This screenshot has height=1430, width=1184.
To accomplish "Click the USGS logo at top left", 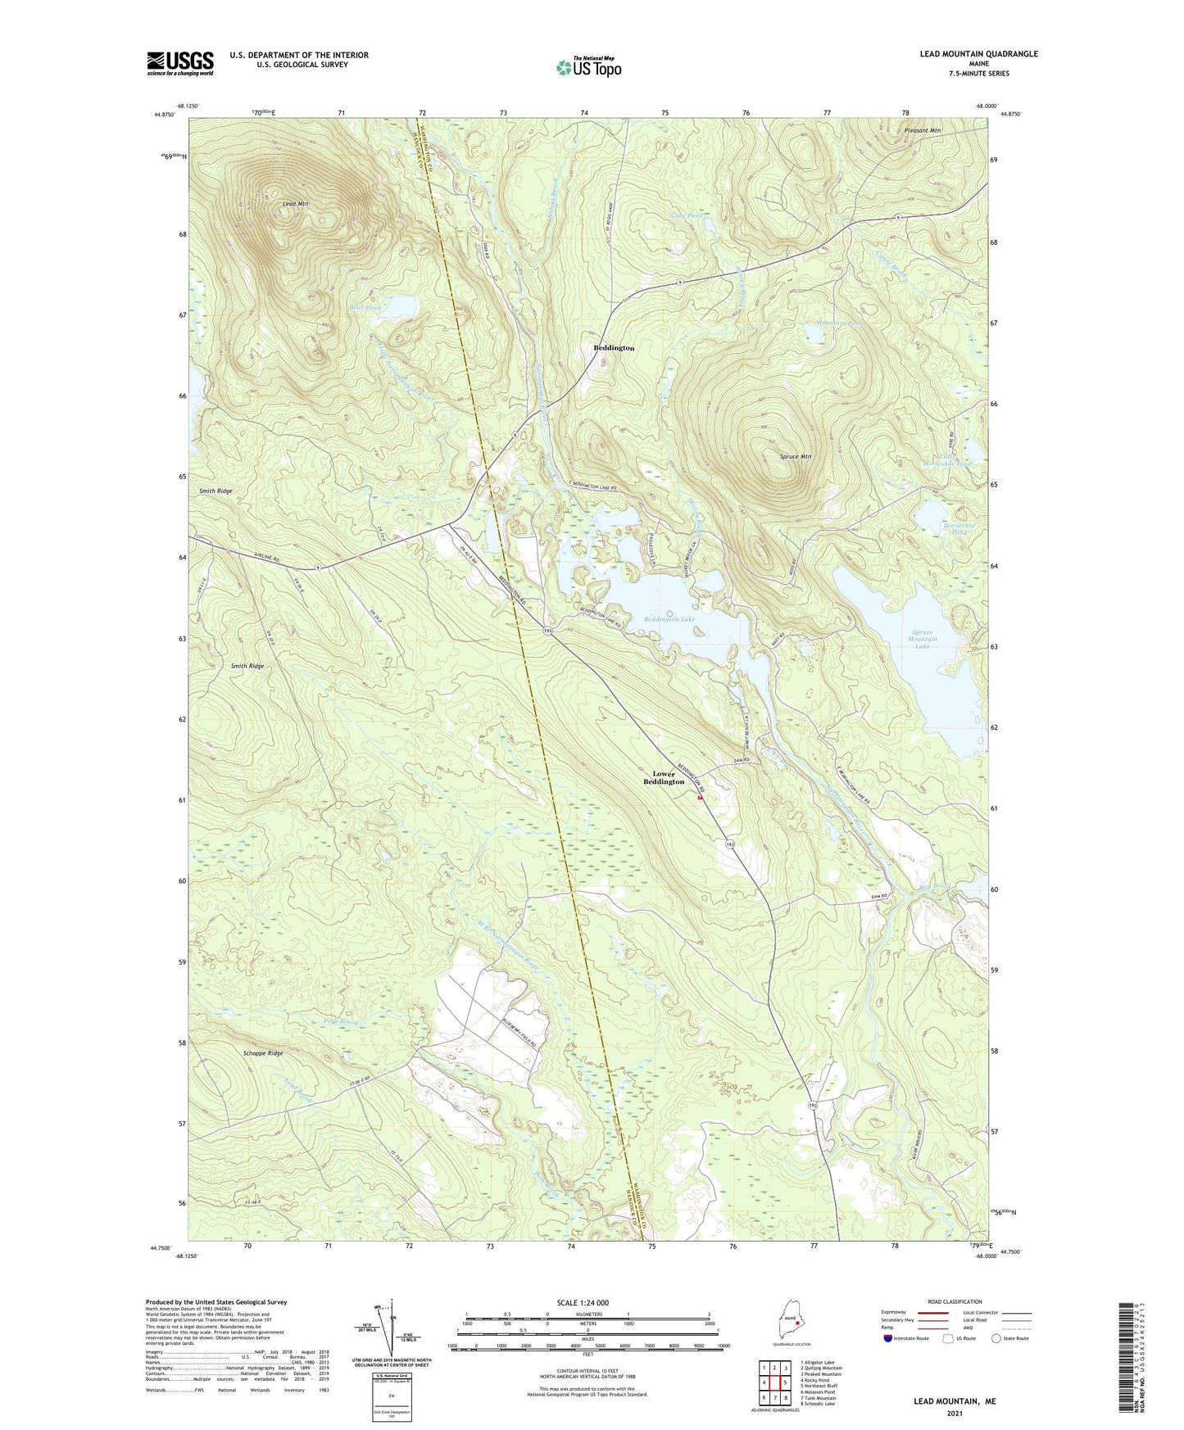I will tap(180, 63).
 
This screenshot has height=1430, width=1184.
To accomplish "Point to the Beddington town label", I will tap(614, 348).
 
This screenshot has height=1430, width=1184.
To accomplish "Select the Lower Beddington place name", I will tap(664, 777).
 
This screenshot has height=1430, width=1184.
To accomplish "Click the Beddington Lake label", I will tap(669, 619).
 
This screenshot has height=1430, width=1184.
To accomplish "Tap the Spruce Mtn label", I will tap(795, 456).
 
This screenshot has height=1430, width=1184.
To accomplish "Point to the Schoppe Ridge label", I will tap(263, 1052).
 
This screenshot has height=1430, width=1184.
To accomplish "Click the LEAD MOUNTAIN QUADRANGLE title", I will tap(978, 54).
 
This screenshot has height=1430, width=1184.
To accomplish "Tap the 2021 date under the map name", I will tap(955, 1414).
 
